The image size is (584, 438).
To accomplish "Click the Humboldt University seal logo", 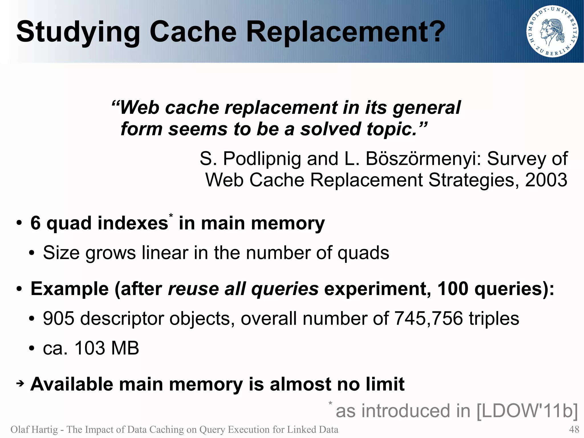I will [x=552, y=31].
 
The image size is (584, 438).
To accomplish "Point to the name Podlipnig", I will [x=261, y=159].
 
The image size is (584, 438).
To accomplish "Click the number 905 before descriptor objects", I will [x=58, y=318].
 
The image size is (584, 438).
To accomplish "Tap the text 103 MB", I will [x=107, y=348].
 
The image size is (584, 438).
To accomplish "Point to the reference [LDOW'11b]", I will [x=527, y=411].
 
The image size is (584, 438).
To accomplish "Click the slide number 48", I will [x=574, y=429].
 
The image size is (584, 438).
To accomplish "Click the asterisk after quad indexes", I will [x=171, y=216].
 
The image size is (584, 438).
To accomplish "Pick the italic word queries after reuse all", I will [x=285, y=289].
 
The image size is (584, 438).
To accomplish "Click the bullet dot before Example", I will [x=19, y=289].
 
